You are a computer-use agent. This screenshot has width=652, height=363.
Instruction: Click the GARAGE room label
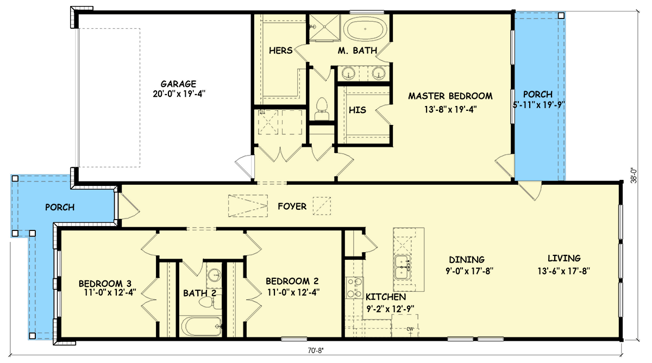pos(178,84)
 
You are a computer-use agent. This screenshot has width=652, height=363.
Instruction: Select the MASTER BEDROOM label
pos(450,96)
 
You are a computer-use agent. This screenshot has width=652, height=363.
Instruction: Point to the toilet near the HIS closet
pos(322,106)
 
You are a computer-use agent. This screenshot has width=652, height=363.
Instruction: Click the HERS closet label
pos(281,51)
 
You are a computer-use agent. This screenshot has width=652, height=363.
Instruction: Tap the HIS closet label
pos(358,110)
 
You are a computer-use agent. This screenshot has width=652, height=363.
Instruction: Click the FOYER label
pos(292,206)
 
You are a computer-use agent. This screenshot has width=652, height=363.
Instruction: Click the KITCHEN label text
pos(385,297)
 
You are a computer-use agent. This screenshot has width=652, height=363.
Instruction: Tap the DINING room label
pos(466,259)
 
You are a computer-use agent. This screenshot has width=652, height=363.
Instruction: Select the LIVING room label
pos(563,259)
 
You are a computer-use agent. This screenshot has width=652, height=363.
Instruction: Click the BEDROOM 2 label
pos(292,281)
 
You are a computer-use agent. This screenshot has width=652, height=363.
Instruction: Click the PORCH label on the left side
pos(60,207)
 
